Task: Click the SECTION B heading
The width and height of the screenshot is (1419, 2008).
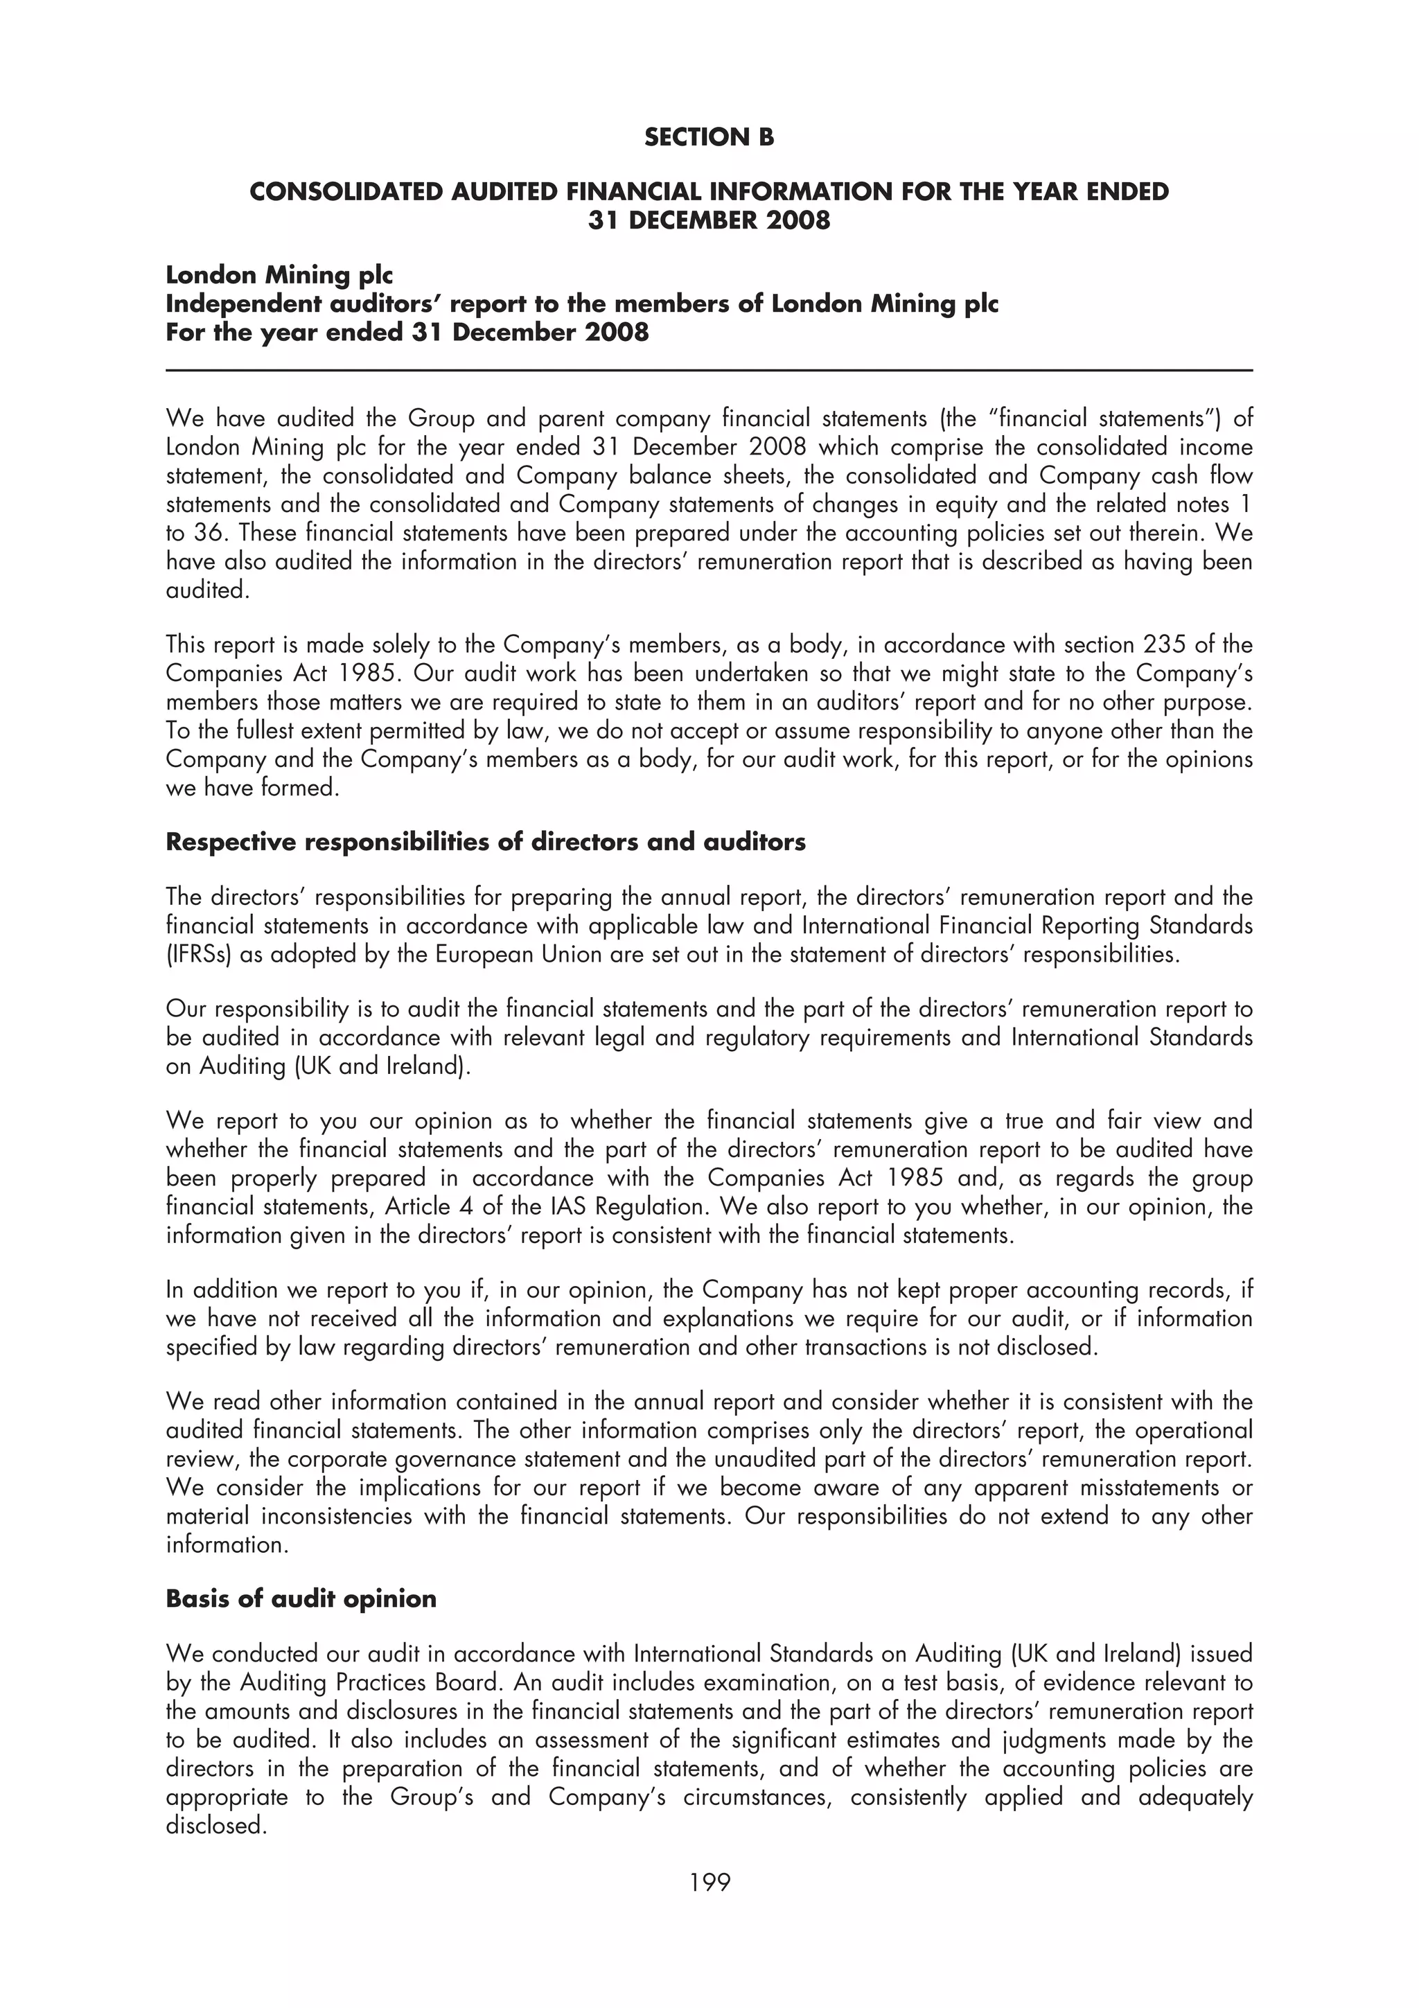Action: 709,137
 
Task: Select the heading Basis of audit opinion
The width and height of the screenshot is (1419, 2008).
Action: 301,1598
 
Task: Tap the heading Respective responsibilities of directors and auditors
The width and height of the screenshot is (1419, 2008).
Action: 485,841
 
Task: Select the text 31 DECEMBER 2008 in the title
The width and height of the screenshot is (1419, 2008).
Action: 709,220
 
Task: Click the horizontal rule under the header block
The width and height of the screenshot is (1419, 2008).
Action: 709,371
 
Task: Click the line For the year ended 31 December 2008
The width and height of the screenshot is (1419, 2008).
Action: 407,333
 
